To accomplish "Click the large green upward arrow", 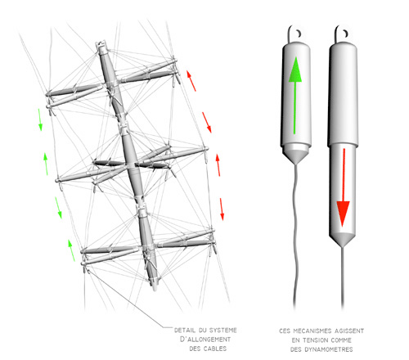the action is (x=294, y=95).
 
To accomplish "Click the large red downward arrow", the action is (x=343, y=187).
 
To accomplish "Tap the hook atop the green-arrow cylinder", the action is (x=294, y=34).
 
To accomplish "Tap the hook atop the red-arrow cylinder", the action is (x=340, y=34).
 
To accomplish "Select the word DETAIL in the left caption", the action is (x=185, y=331).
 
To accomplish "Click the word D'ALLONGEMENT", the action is (x=205, y=340).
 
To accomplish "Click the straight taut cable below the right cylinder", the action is (x=343, y=277).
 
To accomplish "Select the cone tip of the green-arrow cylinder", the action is (x=296, y=162).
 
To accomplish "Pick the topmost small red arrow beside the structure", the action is (x=191, y=80).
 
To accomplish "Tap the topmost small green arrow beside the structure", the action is (x=40, y=119).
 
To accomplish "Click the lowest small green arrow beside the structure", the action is (x=71, y=250).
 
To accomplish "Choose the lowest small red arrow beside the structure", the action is (x=222, y=209).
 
